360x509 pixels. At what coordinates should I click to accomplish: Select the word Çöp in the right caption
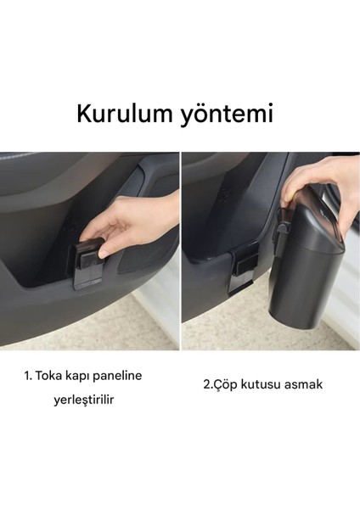[229, 383]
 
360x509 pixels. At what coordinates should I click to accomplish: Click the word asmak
[306, 383]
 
